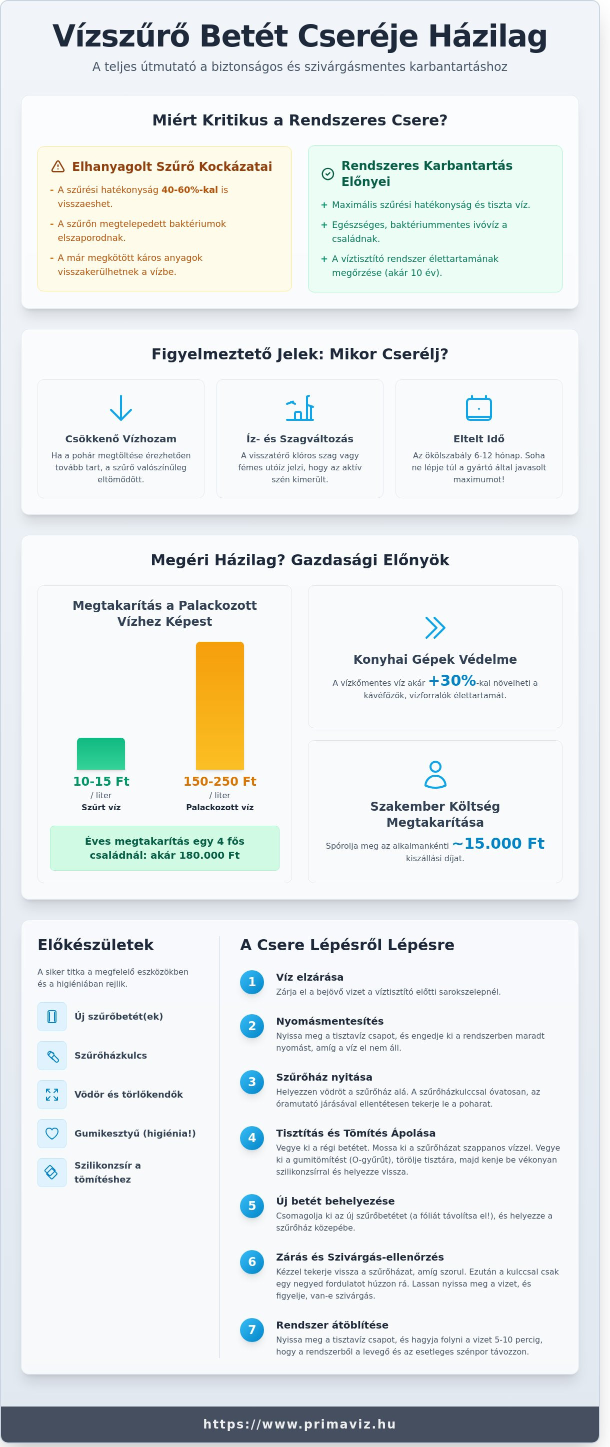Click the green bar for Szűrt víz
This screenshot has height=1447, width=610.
coord(101,753)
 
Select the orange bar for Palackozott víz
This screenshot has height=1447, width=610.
coord(219,706)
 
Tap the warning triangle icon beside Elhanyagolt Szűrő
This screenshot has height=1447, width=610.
coord(58,166)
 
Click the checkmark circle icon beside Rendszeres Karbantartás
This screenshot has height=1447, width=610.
coord(327,174)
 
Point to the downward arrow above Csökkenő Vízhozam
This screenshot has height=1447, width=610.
coord(121,408)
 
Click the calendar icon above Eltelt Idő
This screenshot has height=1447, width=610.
coord(478,408)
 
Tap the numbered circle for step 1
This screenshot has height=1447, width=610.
coord(251,982)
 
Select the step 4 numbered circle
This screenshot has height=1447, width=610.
coord(251,1138)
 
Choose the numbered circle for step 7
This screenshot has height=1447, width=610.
coord(251,1330)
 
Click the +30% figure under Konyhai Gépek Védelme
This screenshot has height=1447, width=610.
coord(452,681)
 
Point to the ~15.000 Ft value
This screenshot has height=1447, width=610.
coord(497,843)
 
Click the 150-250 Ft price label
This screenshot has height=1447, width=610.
coord(219,781)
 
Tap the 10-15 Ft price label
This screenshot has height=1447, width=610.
coord(101,781)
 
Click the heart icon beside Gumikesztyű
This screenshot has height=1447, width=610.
coord(51,1134)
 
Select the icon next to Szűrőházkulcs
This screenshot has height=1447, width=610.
coord(51,1056)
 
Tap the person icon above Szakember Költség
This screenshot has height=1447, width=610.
coord(435,775)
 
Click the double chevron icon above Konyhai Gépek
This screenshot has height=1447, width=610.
coord(435,628)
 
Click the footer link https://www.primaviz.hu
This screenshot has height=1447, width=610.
coord(300,1424)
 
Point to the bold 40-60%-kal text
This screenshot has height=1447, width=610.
coord(189,190)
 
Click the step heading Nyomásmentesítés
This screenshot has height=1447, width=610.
coord(329,1021)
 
